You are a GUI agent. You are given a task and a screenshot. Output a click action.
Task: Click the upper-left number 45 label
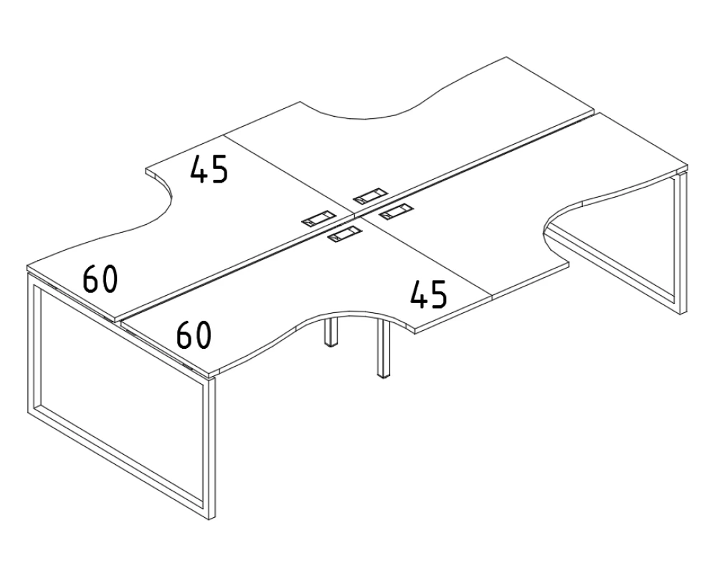pos(209,169)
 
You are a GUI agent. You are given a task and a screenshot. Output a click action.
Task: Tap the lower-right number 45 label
pos(428,294)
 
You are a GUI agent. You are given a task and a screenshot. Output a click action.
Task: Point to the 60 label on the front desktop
pos(194,334)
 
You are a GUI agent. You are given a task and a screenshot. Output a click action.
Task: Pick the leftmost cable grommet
pos(319,218)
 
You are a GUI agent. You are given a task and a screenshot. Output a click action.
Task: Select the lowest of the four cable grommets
pos(345,234)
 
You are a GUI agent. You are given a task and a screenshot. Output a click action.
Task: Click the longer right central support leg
pos(384,347)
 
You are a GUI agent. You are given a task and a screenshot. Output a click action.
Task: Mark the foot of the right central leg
pos(384,376)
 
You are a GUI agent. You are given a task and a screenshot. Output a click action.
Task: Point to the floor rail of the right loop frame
pos(614,272)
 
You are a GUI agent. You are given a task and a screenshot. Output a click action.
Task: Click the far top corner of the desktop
pos(506,57)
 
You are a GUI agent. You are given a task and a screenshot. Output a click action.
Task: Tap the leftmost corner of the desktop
pos(27,266)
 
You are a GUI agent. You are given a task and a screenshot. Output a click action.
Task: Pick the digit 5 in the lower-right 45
pos(439,294)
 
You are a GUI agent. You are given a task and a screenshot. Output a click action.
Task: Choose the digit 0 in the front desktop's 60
pos(203,335)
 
